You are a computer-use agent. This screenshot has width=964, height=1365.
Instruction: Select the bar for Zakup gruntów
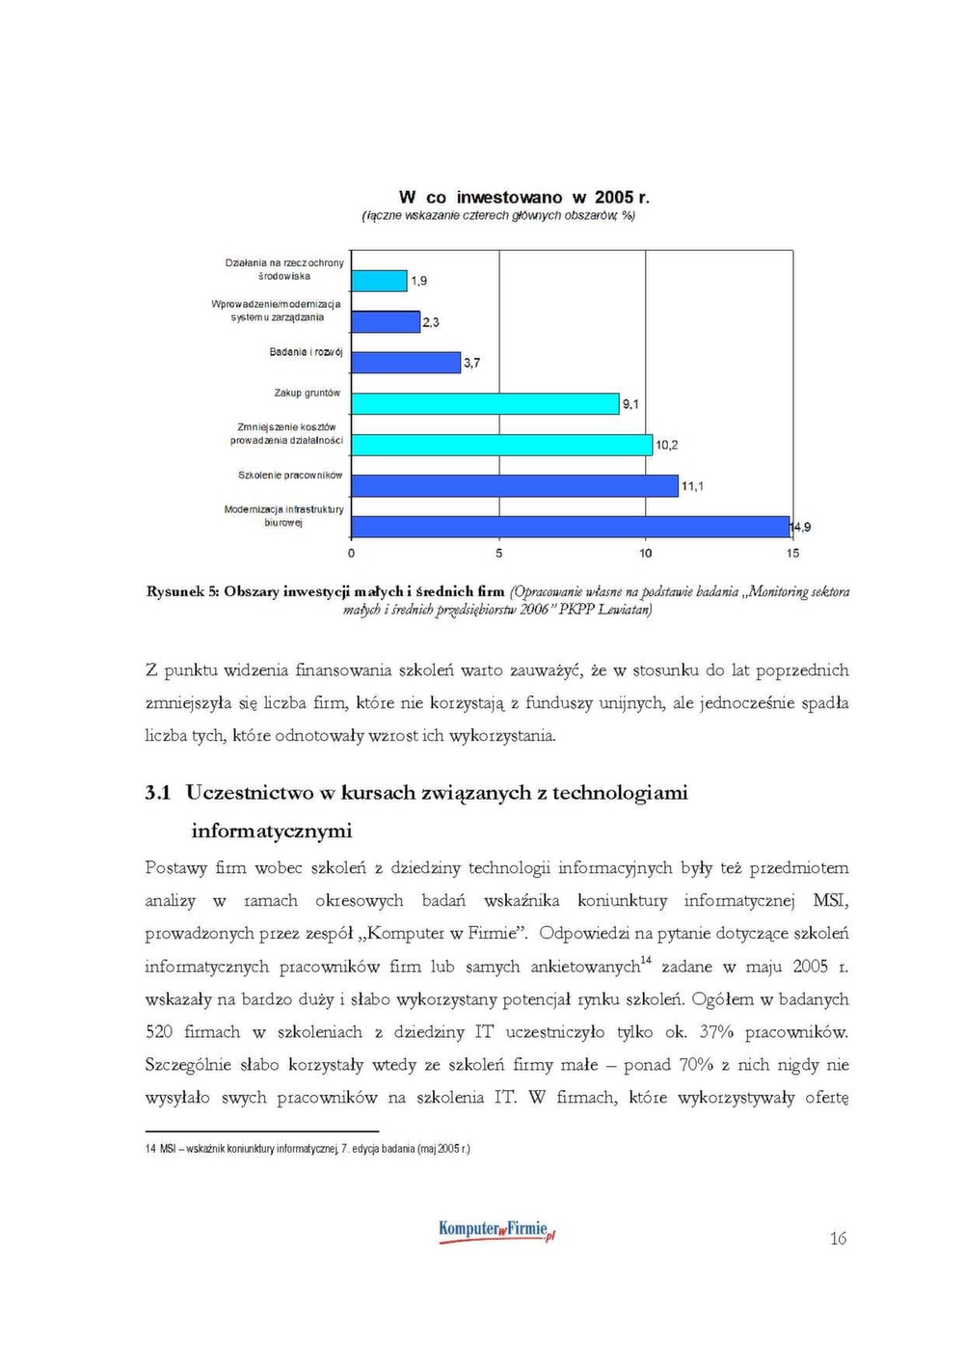pyautogui.click(x=485, y=404)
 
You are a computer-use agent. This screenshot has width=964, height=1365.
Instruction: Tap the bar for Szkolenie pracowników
pyautogui.click(x=515, y=486)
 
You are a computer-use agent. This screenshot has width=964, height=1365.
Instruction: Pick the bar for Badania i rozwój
pyautogui.click(x=406, y=363)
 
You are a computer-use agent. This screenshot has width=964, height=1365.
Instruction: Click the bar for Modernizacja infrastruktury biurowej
pyautogui.click(x=571, y=527)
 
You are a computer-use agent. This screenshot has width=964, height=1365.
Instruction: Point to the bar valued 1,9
pyautogui.click(x=379, y=281)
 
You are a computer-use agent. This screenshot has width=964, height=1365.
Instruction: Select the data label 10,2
pyautogui.click(x=667, y=445)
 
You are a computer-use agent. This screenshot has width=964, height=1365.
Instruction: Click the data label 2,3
pyautogui.click(x=430, y=322)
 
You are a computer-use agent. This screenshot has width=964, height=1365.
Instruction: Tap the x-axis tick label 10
pyautogui.click(x=645, y=553)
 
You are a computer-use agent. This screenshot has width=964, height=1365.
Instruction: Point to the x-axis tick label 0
pyautogui.click(x=351, y=553)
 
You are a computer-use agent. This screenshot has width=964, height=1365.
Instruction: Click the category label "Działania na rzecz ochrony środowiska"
pyautogui.click(x=284, y=269)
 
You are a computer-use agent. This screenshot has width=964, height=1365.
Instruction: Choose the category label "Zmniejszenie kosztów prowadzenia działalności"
pyautogui.click(x=286, y=433)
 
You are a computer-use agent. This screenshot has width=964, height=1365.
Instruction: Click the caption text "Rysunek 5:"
pyautogui.click(x=182, y=591)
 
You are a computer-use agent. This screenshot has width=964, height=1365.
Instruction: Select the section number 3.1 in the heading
pyautogui.click(x=158, y=793)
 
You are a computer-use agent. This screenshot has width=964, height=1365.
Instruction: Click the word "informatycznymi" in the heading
pyautogui.click(x=272, y=831)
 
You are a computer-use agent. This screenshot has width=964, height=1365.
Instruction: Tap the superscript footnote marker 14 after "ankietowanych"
pyautogui.click(x=645, y=960)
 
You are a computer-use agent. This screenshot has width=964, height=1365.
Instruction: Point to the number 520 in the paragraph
pyautogui.click(x=159, y=1032)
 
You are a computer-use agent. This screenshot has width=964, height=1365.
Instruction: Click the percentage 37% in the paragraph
pyautogui.click(x=716, y=1032)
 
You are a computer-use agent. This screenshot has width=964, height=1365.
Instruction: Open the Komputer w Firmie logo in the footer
pyautogui.click(x=496, y=1231)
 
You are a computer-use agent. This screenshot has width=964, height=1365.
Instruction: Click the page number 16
pyautogui.click(x=838, y=1239)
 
